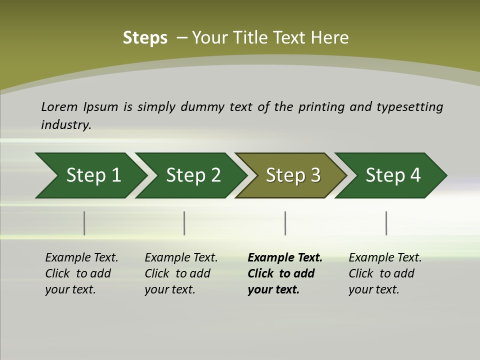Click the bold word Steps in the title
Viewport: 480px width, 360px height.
[145, 38]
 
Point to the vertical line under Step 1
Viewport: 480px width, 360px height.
[84, 223]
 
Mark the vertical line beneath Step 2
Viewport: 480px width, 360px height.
[184, 223]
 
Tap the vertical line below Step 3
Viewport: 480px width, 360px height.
[285, 223]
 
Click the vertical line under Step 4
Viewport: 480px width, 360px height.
[386, 223]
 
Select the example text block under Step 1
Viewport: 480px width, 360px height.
[81, 273]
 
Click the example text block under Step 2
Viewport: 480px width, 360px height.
[181, 273]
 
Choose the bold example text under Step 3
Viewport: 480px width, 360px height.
[284, 273]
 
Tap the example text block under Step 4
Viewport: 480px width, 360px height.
[385, 273]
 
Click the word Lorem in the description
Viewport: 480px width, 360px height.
[59, 107]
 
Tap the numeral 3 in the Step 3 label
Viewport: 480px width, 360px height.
[315, 175]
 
